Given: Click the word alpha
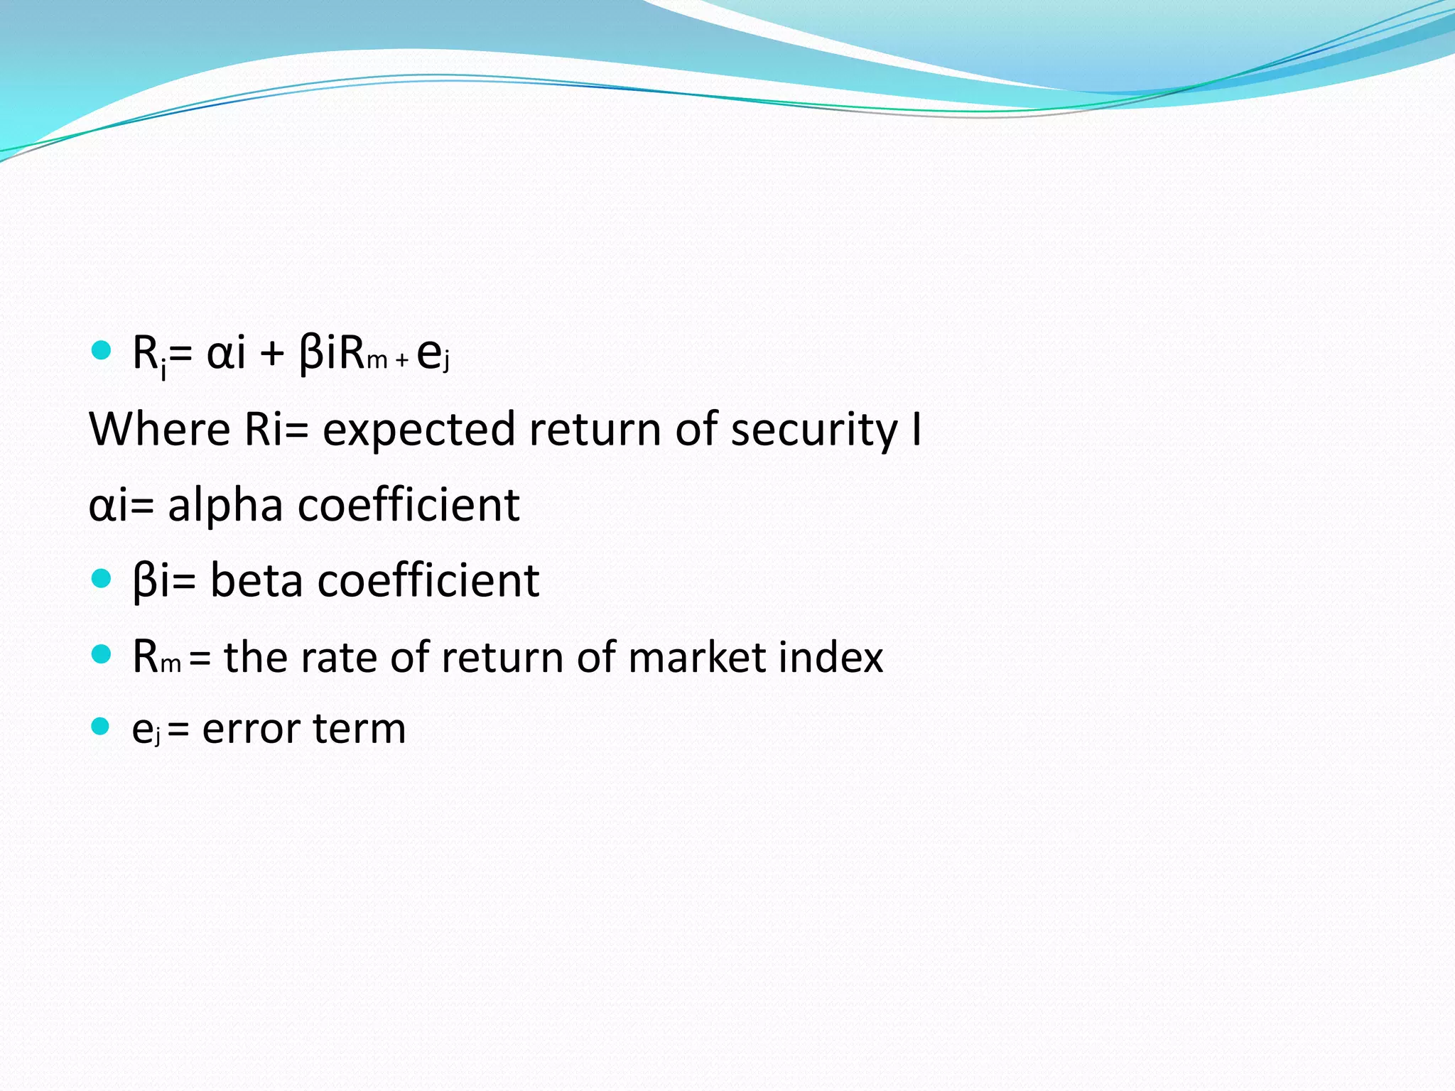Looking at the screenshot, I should (x=225, y=506).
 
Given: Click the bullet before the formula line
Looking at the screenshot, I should (x=102, y=350).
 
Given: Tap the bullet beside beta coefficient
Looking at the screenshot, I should (x=102, y=578).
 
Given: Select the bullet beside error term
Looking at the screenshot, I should (x=101, y=726).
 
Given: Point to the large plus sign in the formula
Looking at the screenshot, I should (x=272, y=353).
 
